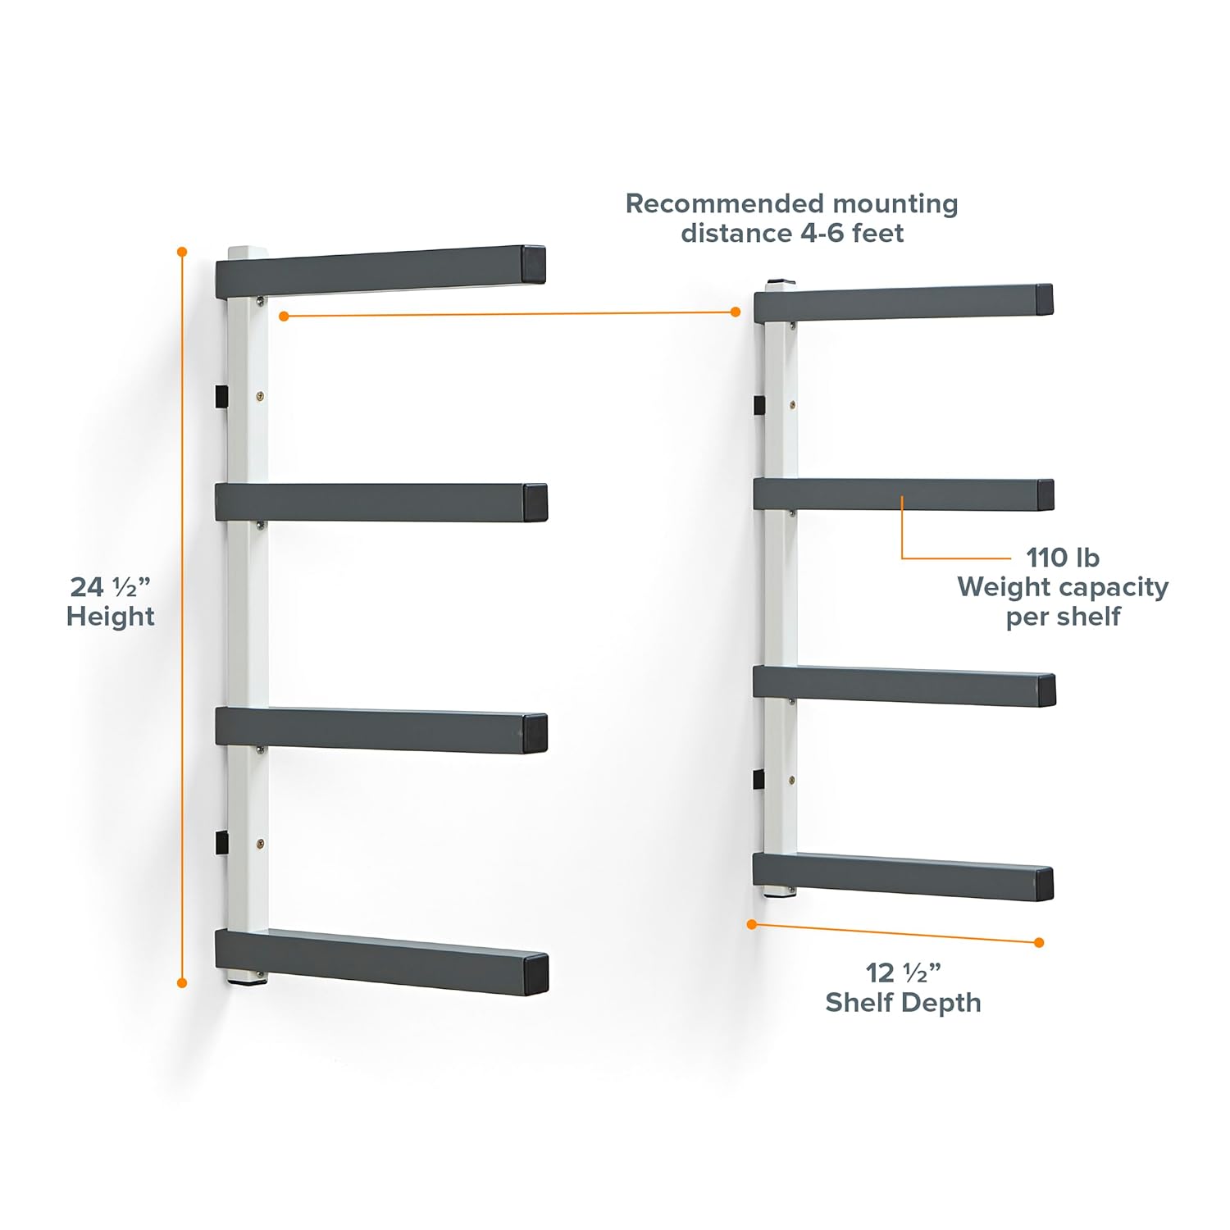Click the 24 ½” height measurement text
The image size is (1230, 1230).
tap(111, 587)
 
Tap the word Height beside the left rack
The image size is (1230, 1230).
tap(111, 617)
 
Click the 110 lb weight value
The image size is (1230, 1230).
tap(1063, 558)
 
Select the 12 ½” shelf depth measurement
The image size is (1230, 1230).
tap(903, 973)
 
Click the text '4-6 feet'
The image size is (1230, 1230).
tap(847, 233)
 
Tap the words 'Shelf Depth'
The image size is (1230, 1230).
tap(903, 1002)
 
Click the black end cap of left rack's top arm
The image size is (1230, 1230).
tap(533, 265)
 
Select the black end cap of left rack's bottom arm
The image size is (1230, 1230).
tap(535, 974)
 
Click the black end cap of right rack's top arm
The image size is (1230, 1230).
tap(1044, 300)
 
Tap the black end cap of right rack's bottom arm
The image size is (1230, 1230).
tap(1044, 883)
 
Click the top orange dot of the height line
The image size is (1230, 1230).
tap(182, 252)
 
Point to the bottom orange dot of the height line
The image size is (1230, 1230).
tap(182, 982)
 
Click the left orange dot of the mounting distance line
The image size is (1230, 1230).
tap(284, 316)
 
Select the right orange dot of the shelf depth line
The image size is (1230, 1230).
tap(1039, 943)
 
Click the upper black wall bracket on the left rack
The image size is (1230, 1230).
tap(221, 397)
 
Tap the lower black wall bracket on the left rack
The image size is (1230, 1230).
tap(221, 842)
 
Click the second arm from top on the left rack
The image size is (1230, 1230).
tap(381, 503)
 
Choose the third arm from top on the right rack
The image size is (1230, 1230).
tap(904, 686)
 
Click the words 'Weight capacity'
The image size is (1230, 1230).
tap(1063, 587)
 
